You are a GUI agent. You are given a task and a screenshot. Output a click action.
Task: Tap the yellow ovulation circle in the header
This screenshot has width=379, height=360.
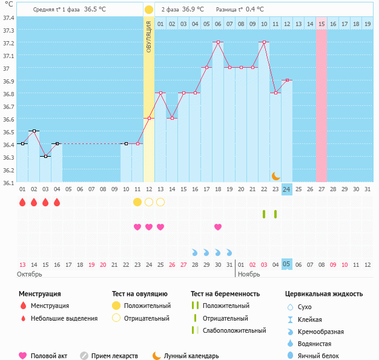(149, 10)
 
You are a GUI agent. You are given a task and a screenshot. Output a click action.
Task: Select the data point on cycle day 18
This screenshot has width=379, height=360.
(218, 42)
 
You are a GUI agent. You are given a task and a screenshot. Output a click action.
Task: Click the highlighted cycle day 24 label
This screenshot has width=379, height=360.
(287, 189)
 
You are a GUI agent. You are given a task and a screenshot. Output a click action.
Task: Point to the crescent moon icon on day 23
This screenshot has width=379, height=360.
(276, 175)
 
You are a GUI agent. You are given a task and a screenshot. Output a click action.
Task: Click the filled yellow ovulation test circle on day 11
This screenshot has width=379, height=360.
(137, 201)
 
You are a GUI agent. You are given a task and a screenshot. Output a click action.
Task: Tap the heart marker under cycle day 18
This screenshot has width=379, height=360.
(218, 227)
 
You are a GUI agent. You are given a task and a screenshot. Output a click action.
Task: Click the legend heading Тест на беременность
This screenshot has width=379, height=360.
(225, 294)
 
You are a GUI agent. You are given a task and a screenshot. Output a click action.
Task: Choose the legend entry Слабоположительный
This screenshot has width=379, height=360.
(234, 330)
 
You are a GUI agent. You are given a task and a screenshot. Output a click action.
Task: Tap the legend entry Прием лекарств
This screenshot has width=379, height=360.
(114, 356)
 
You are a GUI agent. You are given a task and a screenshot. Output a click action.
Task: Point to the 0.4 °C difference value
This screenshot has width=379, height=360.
(255, 10)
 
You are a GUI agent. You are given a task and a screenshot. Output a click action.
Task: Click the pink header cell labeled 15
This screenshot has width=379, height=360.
(321, 24)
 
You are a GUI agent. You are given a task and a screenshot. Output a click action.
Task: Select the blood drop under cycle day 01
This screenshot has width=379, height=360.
(22, 202)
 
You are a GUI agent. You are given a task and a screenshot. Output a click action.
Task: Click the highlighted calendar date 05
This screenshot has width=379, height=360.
(287, 264)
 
